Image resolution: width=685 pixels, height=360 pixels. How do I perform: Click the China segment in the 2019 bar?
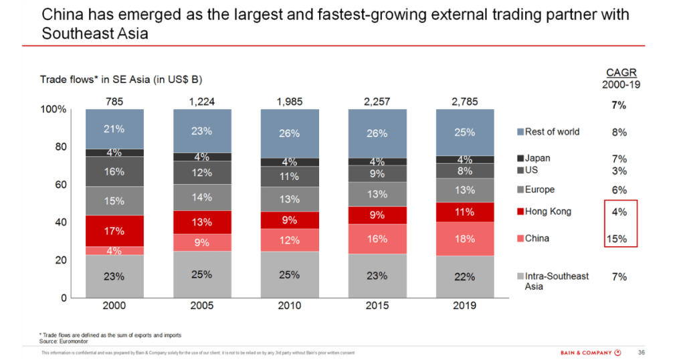pyautogui.click(x=465, y=238)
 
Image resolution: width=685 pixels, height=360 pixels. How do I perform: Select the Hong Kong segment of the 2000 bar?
pyautogui.click(x=114, y=231)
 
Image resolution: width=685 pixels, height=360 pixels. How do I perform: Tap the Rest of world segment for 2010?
pyautogui.click(x=289, y=133)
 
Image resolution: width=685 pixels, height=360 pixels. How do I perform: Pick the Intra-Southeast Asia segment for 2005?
pyautogui.click(x=201, y=274)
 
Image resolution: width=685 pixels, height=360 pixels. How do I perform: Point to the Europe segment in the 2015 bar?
pyautogui.click(x=377, y=194)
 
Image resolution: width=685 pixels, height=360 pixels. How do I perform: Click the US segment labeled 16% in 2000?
pyautogui.click(x=114, y=171)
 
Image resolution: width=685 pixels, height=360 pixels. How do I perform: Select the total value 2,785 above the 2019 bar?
pyautogui.click(x=465, y=101)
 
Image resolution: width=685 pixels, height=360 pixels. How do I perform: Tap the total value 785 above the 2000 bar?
pyautogui.click(x=114, y=101)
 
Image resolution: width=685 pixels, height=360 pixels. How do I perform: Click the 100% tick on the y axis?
pyautogui.click(x=54, y=109)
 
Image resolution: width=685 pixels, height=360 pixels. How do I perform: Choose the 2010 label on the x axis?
pyautogui.click(x=289, y=306)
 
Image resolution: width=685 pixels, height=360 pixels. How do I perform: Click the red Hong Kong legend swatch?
pyautogui.click(x=519, y=212)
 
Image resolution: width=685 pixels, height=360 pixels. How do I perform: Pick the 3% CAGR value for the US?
pyautogui.click(x=619, y=171)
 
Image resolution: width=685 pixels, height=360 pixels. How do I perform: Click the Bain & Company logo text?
pyautogui.click(x=586, y=353)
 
